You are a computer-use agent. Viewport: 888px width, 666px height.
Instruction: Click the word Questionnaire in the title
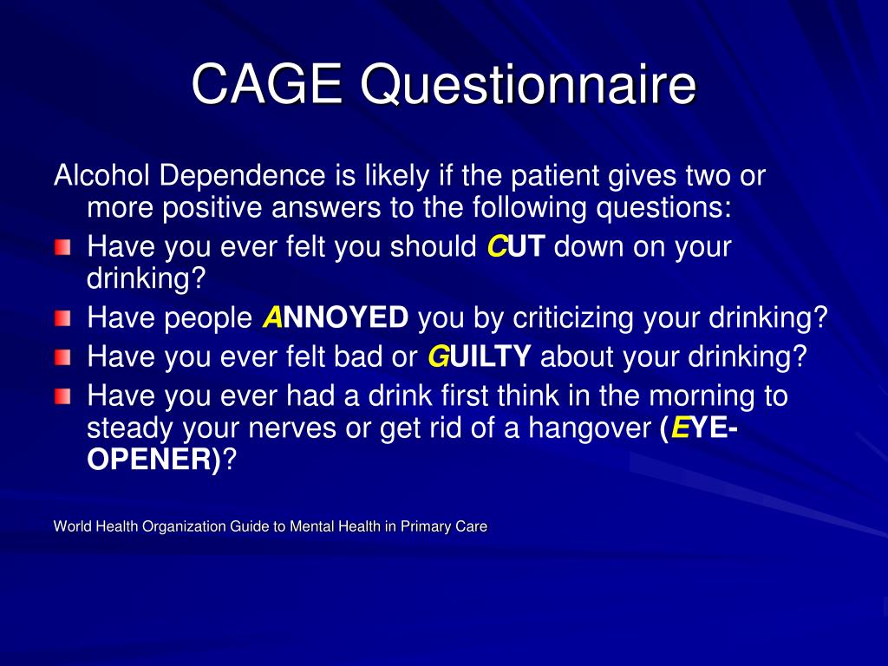point(528,86)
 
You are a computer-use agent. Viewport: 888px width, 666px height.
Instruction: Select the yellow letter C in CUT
point(496,247)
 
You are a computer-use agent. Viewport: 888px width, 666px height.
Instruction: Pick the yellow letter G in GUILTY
point(439,356)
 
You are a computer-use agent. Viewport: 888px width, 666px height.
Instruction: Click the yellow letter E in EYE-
point(682,429)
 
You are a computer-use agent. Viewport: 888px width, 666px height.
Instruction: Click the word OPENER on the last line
point(152,460)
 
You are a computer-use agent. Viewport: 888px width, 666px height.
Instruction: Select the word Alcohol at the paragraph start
point(102,177)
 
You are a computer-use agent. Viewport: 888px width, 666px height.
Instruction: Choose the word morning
point(699,395)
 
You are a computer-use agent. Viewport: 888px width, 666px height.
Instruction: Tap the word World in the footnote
point(72,526)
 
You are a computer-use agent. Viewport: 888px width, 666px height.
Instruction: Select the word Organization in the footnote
point(180,526)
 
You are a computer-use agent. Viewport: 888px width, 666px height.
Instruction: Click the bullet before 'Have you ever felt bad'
point(64,357)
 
